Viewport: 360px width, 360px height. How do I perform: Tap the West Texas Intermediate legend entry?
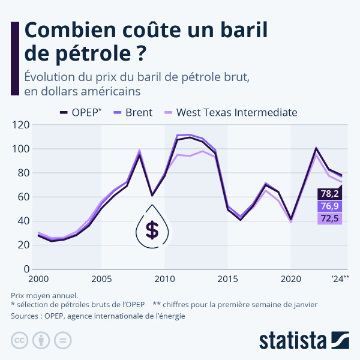pyautogui.click(x=231, y=112)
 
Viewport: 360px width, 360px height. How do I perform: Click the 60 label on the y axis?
pyautogui.click(x=23, y=197)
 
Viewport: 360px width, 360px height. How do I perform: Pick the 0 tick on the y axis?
pyautogui.click(x=26, y=269)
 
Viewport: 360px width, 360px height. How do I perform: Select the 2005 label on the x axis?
pyautogui.click(x=101, y=279)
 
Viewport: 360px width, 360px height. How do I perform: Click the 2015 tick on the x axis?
pyautogui.click(x=227, y=279)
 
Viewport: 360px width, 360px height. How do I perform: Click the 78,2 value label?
pyautogui.click(x=329, y=194)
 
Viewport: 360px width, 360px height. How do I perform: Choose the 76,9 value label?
pyautogui.click(x=329, y=206)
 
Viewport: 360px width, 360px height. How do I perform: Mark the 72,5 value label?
pyautogui.click(x=329, y=218)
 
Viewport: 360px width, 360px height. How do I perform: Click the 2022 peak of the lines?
pyautogui.click(x=316, y=149)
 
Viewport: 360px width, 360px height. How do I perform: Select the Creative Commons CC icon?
pyautogui.click(x=21, y=340)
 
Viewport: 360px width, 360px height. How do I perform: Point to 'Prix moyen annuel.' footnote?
pyautogui.click(x=44, y=295)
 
